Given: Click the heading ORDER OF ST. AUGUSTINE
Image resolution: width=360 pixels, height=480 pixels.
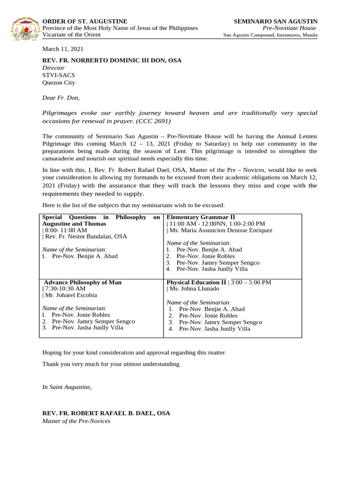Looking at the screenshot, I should [x=85, y=22].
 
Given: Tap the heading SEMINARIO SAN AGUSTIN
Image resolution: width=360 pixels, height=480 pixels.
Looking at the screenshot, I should [x=276, y=22].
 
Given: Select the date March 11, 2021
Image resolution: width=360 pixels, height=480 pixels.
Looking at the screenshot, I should [x=63, y=49].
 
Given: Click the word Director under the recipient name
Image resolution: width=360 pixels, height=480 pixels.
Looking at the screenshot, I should [x=53, y=67].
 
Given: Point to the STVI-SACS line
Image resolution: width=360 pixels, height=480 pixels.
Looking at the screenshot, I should [x=59, y=75].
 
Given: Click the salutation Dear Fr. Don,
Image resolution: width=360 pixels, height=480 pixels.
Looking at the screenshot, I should [x=61, y=98].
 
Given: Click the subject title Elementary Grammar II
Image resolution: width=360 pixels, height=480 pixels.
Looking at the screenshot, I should [x=201, y=217].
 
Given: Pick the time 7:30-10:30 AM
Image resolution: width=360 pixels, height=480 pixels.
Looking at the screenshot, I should [x=65, y=289].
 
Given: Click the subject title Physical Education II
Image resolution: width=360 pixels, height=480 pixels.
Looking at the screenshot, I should [x=196, y=283].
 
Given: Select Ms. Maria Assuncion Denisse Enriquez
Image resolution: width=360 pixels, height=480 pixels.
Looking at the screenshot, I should [x=221, y=230].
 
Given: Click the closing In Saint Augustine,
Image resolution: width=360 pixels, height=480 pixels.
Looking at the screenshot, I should [x=67, y=387].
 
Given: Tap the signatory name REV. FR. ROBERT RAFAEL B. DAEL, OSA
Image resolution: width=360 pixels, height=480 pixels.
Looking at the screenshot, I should [x=106, y=413].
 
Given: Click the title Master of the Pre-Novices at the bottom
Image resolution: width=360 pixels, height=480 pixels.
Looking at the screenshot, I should [x=76, y=421].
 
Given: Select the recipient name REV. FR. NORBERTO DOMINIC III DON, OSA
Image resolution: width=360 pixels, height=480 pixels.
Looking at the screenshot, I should [x=112, y=60].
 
